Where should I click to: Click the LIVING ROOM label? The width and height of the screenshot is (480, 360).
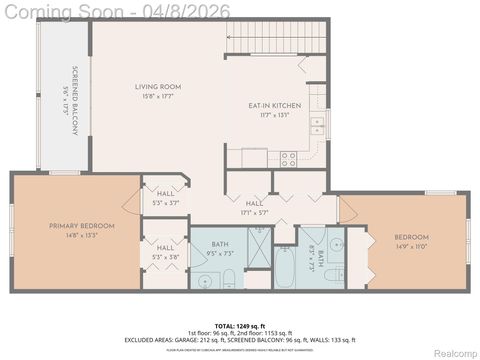click(158, 87)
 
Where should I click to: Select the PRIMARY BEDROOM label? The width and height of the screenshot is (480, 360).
click(82, 226)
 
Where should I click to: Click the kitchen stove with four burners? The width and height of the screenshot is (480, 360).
click(288, 157)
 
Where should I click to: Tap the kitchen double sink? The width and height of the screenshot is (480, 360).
click(317, 125)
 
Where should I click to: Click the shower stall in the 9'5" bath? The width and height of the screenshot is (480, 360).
click(256, 246)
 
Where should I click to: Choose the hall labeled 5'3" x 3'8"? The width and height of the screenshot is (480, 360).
click(165, 252)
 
